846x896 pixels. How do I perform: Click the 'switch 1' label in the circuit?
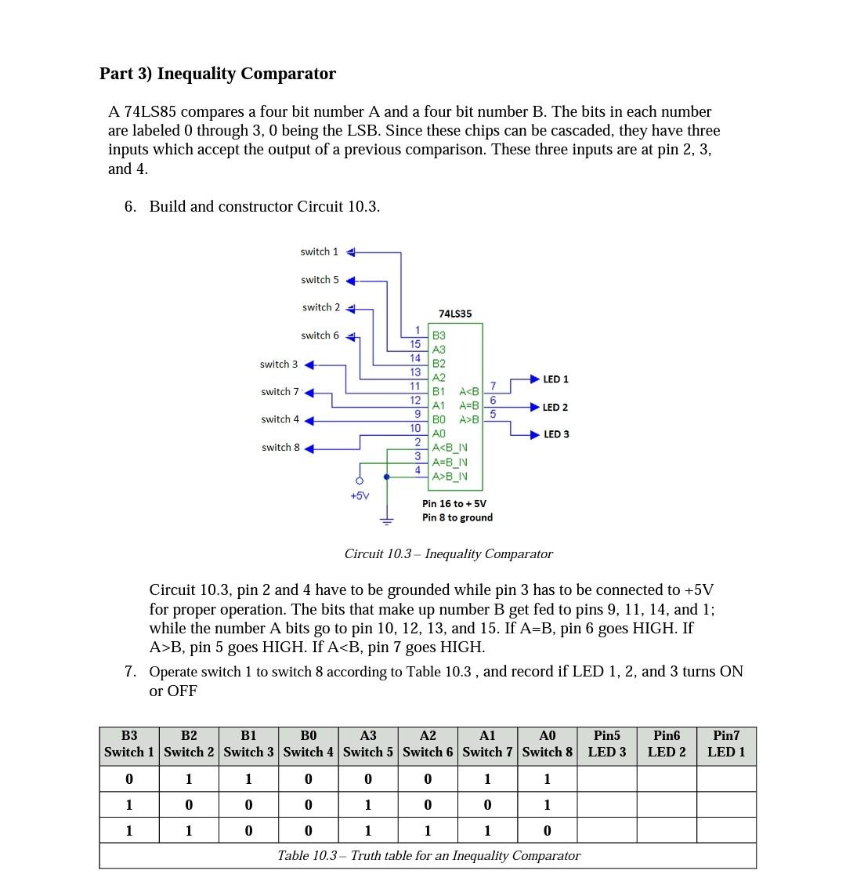319,252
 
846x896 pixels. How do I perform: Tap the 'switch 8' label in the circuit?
280,448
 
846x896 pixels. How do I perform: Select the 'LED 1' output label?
555,379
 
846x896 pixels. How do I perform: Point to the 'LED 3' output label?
556,434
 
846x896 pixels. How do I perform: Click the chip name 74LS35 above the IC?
455,314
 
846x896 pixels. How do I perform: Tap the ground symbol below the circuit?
386,520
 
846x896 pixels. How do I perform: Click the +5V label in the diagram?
360,495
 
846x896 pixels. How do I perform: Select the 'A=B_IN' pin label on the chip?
450,462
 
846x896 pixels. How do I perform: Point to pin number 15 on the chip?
415,344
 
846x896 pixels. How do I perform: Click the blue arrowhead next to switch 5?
351,281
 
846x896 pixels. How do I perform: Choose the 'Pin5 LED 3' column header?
607,744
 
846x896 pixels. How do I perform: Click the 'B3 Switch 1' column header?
129,744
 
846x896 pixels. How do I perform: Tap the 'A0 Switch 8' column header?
548,744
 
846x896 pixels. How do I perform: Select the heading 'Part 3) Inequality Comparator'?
218,74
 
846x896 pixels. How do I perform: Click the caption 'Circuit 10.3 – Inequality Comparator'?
448,554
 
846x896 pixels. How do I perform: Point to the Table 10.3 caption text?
428,856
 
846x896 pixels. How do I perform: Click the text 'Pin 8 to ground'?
457,517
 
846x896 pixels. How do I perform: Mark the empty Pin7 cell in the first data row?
726,779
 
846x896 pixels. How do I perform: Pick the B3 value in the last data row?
129,831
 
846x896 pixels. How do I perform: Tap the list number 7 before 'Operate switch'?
130,672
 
